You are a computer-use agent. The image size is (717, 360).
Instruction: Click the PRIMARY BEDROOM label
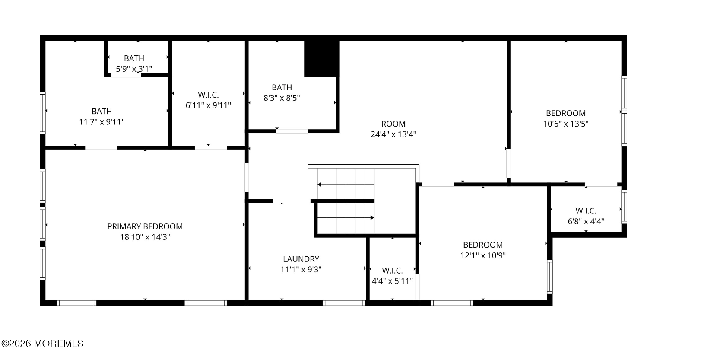point(145,226)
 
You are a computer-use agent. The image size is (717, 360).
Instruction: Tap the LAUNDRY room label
point(301,259)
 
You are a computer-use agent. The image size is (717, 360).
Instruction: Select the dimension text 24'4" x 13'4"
point(393,134)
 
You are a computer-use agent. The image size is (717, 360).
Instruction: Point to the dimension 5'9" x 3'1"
point(134,69)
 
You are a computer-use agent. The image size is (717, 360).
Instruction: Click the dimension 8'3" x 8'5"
point(282,98)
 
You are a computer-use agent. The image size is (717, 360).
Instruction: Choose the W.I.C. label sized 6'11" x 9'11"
point(208,95)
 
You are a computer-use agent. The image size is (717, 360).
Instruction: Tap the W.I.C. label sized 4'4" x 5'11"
point(392,271)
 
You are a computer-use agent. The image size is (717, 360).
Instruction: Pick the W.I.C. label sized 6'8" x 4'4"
point(586,211)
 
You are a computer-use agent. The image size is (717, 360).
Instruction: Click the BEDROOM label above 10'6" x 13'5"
point(566,113)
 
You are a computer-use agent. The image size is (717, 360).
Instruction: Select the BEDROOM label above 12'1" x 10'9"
point(483,245)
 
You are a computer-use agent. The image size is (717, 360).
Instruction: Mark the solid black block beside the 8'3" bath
point(321,59)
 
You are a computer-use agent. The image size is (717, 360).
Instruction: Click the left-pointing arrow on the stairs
point(320,185)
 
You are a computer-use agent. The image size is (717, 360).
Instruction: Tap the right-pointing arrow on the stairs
point(372,218)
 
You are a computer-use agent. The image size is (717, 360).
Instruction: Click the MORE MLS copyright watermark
point(42,344)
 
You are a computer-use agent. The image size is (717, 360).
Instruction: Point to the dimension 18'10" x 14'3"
point(145,237)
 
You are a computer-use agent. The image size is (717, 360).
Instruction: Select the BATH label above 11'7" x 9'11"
point(102,112)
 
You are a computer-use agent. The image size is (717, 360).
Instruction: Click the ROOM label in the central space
point(393,124)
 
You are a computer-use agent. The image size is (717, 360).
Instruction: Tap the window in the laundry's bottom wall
point(344,303)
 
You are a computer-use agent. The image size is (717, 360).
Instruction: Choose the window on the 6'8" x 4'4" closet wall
point(624,207)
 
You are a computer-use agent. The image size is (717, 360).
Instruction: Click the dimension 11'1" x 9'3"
point(301,269)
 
